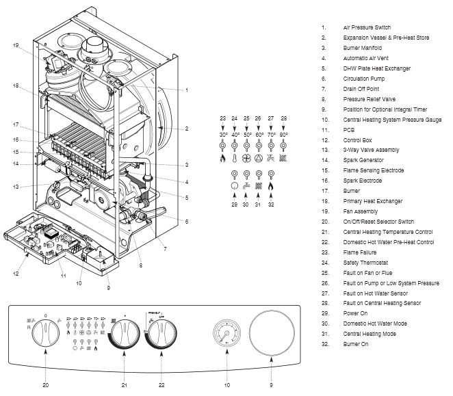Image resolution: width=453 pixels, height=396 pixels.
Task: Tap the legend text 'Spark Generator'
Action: (x=363, y=160)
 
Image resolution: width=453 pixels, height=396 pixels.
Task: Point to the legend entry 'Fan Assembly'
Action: (x=360, y=211)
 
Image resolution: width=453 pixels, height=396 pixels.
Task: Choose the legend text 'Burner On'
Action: (x=356, y=343)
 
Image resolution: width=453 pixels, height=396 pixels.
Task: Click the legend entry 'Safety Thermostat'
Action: (x=365, y=262)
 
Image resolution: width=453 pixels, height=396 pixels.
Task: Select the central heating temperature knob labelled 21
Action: (x=122, y=334)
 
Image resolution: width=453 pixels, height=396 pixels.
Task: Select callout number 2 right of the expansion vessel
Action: (x=186, y=129)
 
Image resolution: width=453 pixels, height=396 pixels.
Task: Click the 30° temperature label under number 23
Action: (x=223, y=135)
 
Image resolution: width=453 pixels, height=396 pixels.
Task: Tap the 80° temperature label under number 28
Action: (x=283, y=135)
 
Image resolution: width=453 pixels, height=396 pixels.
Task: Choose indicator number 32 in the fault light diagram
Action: (x=271, y=204)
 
